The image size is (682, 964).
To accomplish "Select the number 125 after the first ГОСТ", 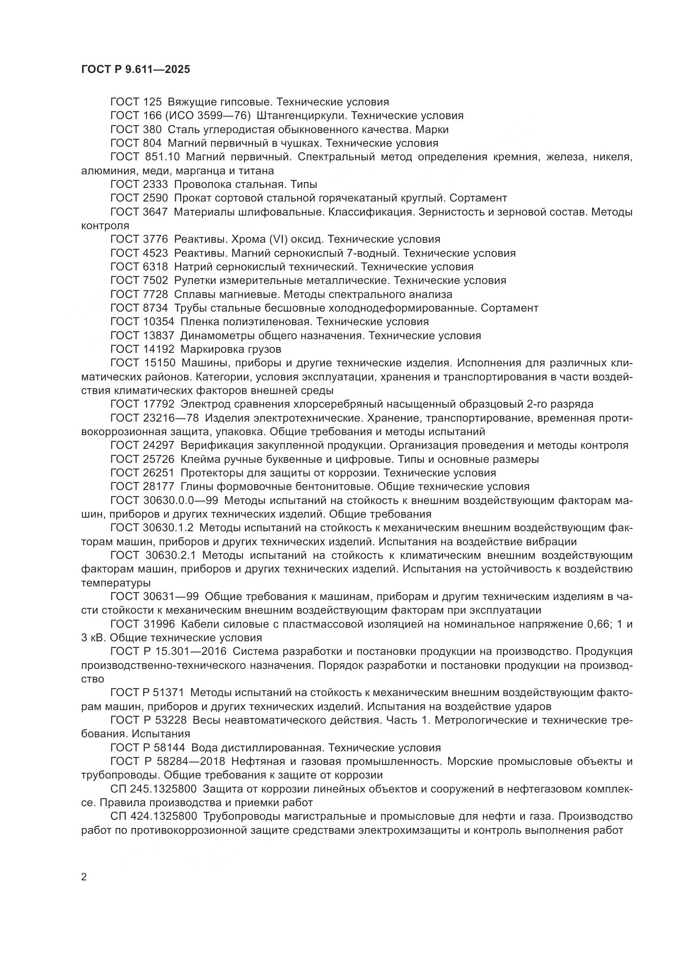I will [153, 102].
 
